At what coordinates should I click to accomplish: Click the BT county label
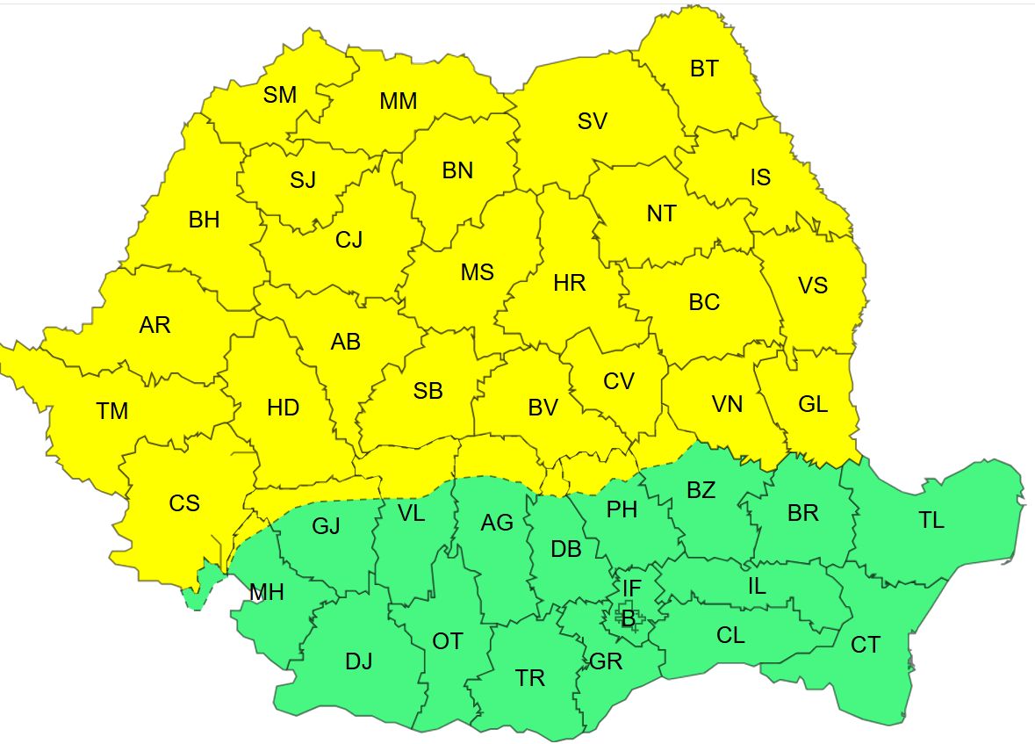[703, 69]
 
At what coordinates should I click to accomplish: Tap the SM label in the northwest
[280, 95]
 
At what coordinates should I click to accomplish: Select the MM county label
[398, 101]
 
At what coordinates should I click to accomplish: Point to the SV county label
[593, 121]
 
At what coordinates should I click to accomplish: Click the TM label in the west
[112, 410]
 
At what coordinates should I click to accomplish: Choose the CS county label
[184, 503]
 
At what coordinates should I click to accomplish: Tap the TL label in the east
[931, 520]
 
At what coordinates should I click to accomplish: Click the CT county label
[865, 646]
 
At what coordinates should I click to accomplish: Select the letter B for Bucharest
[628, 619]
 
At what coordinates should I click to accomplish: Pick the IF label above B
[632, 587]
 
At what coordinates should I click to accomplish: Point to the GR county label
[606, 661]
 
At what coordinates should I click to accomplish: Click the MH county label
[266, 593]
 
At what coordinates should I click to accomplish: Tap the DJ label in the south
[358, 661]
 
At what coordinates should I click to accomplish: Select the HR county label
[570, 284]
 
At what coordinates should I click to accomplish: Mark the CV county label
[619, 380]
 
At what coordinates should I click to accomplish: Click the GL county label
[813, 404]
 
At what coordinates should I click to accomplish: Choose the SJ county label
[303, 181]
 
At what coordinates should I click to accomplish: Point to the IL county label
[757, 587]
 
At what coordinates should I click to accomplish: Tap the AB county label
[346, 342]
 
